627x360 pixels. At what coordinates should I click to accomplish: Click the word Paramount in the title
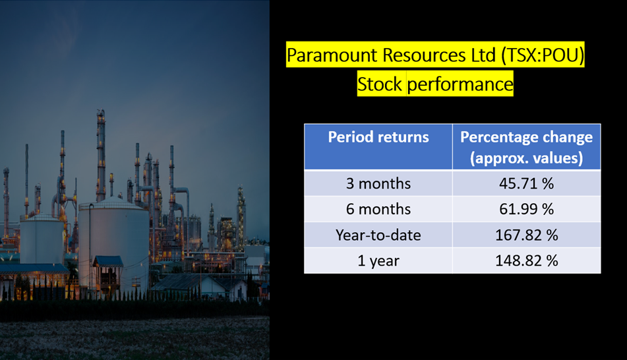point(332,55)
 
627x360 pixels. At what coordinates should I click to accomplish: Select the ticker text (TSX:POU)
point(542,55)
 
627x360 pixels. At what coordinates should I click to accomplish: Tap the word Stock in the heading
point(380,84)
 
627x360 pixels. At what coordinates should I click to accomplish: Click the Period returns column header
point(378,136)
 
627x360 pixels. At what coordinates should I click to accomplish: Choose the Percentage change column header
point(526,148)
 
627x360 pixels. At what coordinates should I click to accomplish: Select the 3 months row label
point(378,183)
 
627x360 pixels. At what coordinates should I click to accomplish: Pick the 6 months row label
point(378,209)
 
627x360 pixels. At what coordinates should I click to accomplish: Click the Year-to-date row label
point(378,235)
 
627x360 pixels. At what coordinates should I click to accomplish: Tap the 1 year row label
point(378,261)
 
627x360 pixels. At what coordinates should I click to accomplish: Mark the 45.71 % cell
point(526,183)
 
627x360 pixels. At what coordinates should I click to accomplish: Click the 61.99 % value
point(526,209)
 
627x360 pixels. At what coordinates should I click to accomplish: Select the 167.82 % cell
point(526,235)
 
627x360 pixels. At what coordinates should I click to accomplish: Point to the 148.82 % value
point(526,261)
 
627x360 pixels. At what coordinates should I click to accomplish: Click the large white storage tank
point(114,244)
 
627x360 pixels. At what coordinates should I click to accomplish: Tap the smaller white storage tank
point(42,240)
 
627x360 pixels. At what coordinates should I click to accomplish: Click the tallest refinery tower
point(101,156)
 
